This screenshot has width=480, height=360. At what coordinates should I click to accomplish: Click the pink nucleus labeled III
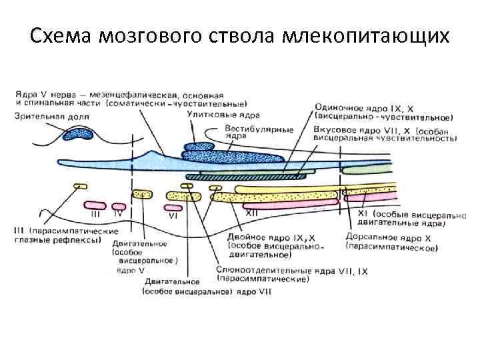click(x=95, y=205)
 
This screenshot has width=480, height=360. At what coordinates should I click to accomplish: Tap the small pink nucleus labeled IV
click(x=119, y=205)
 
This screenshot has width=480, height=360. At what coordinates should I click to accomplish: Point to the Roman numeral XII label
click(x=252, y=213)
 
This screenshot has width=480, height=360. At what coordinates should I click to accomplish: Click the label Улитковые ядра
click(x=213, y=115)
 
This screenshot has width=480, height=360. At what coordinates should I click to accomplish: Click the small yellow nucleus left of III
click(x=81, y=186)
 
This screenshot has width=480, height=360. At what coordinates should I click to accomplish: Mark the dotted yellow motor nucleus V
click(x=141, y=194)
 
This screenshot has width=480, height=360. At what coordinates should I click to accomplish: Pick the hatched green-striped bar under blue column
click(x=247, y=177)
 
